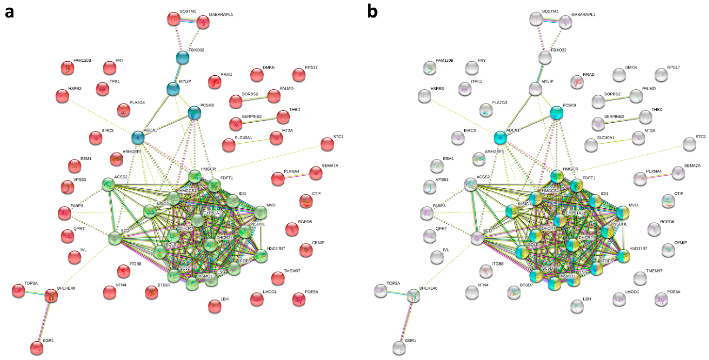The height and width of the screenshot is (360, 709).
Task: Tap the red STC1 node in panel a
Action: coord(327,144)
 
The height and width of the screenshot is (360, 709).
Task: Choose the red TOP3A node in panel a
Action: coord(18,291)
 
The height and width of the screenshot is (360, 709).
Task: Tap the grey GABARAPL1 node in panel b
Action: coord(566,22)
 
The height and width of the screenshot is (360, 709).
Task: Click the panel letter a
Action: coord(9,12)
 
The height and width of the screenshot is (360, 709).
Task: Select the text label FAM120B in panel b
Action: coord(445,61)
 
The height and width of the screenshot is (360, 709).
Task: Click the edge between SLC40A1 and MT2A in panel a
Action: coord(252,141)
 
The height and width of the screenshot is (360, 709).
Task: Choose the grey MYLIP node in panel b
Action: coord(535,89)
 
